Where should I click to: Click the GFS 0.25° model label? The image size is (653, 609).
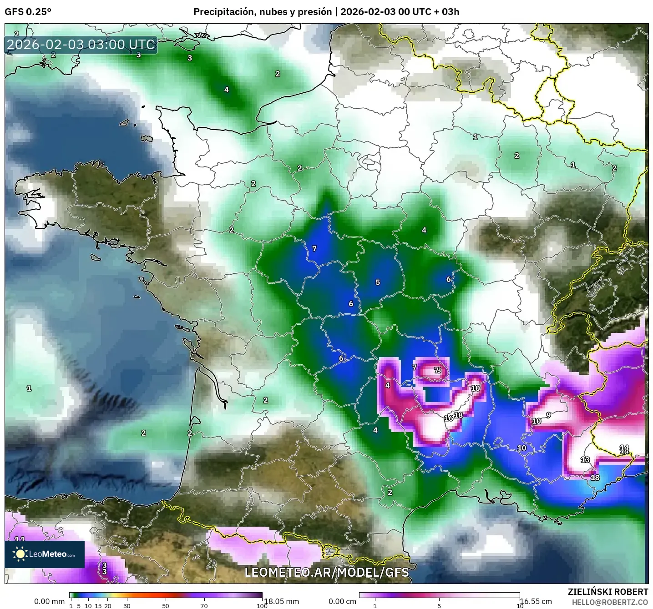pos(28,12)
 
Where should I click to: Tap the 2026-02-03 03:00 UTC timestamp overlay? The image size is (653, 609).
pos(81,45)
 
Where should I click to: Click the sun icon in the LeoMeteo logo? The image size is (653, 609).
pos(20,554)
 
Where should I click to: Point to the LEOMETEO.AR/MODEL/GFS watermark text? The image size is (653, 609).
pos(326,572)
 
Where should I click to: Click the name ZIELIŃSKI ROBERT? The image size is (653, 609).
pos(608,592)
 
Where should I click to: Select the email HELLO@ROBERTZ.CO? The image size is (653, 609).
pos(610,602)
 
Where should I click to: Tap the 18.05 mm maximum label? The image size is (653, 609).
pos(281,601)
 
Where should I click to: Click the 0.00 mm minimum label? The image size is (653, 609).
pos(49,601)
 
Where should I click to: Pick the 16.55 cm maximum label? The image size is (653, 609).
pos(536,601)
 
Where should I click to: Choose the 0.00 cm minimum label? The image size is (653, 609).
pos(342,601)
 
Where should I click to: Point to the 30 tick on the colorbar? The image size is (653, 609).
pos(127,605)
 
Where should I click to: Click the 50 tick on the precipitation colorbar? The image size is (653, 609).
pos(166,605)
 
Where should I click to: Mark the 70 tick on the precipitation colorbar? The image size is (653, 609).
pos(204,605)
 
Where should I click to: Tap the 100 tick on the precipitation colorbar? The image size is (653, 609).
pos(262,605)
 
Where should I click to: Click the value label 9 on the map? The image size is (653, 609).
pos(548,415)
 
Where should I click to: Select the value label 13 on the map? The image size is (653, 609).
pos(585,460)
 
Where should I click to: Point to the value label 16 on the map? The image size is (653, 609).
pos(448,418)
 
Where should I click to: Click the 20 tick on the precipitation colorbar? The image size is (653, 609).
pos(108,605)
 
